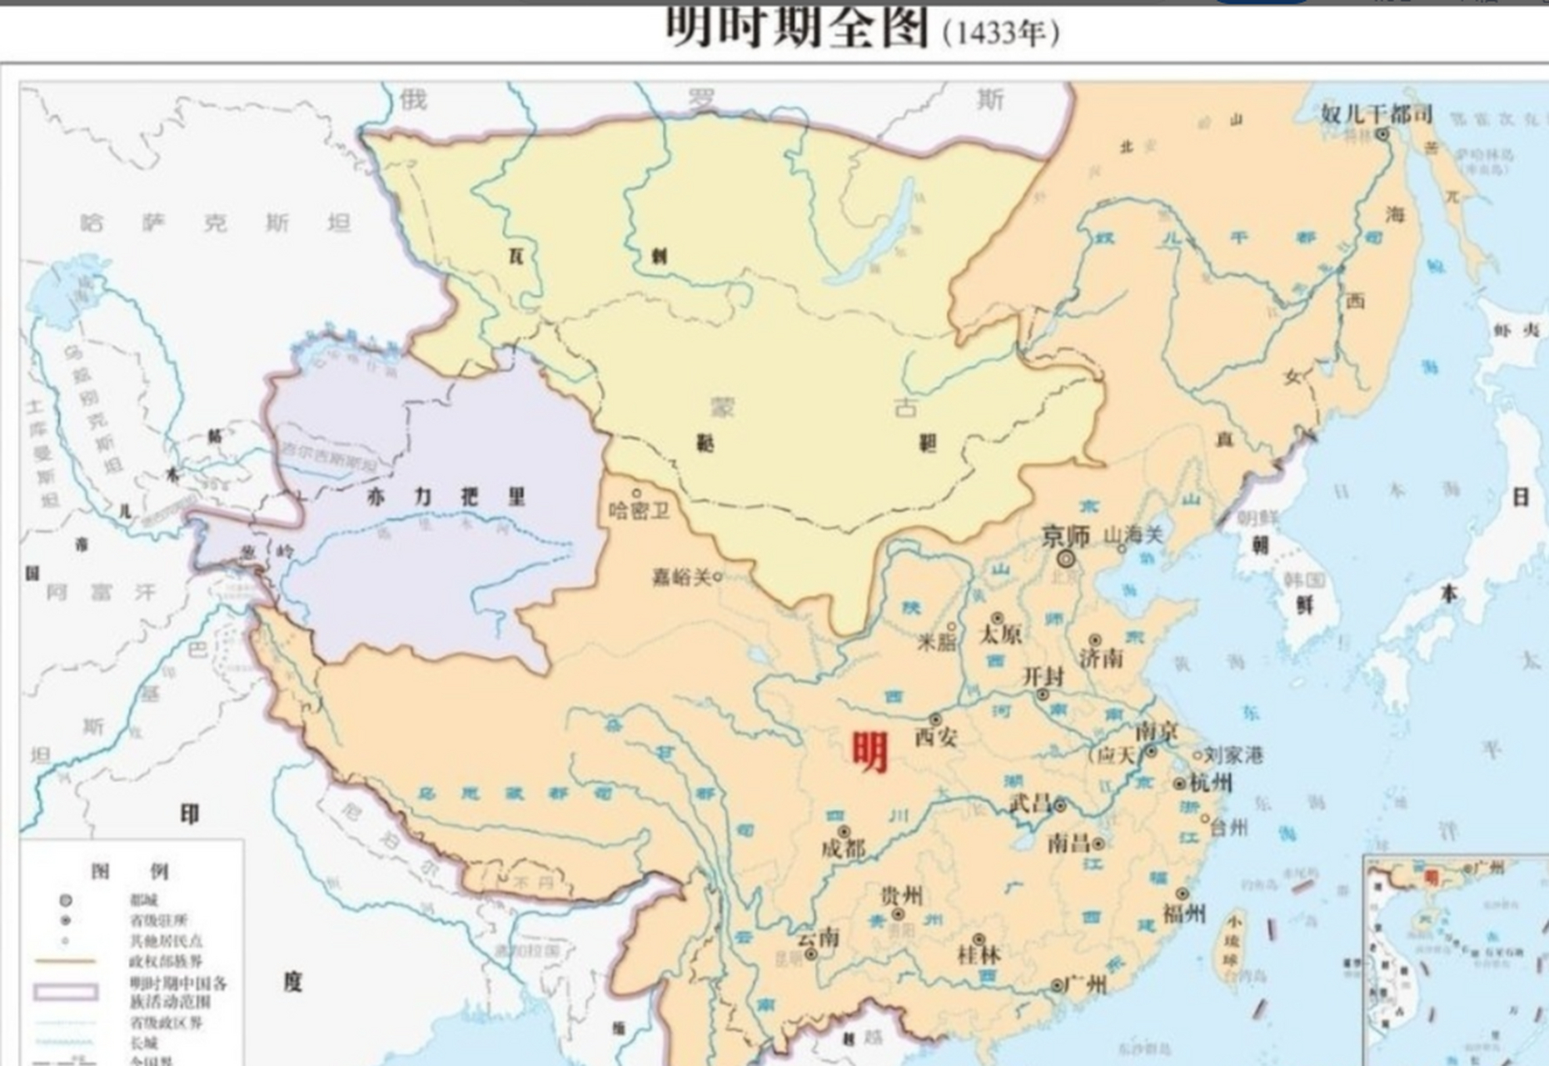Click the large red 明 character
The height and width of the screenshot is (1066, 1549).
[869, 752]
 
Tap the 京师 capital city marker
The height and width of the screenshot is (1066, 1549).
[1066, 559]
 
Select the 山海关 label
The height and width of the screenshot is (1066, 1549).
[1133, 535]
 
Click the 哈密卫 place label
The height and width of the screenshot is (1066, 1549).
[639, 510]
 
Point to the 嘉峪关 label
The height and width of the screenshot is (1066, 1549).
[681, 576]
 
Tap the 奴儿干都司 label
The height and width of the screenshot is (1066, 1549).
[1376, 114]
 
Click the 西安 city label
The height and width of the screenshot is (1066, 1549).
[936, 737]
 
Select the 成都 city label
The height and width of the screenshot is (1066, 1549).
[843, 849]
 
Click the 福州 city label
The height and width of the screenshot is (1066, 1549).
[1184, 914]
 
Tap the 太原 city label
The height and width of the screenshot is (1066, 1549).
[999, 635]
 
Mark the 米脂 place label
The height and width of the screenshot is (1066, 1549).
[936, 641]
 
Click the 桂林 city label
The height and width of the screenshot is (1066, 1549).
[979, 954]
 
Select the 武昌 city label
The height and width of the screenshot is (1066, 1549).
[1030, 804]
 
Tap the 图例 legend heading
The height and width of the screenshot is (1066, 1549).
[130, 871]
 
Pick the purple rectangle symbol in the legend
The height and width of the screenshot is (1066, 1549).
[66, 992]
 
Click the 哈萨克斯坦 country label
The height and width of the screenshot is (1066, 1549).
[215, 223]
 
